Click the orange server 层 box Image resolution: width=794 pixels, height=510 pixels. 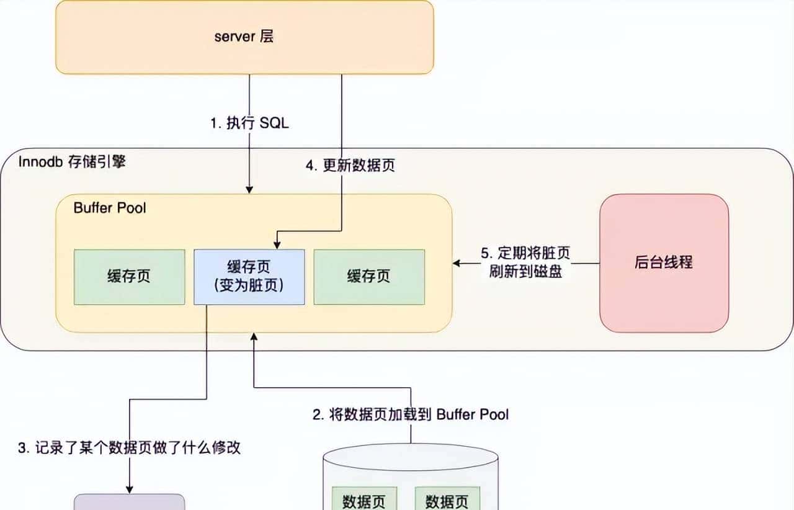coord(244,37)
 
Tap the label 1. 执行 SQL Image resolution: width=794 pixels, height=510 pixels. coord(249,123)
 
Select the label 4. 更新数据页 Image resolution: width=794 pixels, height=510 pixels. coord(350,166)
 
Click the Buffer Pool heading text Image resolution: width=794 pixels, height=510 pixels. coord(110,207)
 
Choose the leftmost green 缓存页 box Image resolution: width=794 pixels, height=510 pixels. coord(129,277)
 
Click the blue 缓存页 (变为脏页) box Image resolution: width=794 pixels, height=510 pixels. coord(249,277)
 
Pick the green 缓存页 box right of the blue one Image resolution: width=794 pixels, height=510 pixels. coord(369,277)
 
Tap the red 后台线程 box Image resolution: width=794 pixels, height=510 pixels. coord(664,263)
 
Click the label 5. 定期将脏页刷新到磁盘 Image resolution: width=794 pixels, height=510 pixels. coord(525,262)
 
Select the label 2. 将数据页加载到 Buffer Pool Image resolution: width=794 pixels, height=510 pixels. coord(410,414)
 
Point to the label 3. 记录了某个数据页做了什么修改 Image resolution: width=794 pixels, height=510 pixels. coord(129,448)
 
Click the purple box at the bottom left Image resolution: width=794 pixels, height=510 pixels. coord(129,502)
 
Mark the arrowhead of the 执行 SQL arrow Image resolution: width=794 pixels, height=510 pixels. coord(249,190)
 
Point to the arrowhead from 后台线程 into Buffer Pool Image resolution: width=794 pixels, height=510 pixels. coord(457,263)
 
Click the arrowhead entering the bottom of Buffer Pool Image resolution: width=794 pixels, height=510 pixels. coord(253,336)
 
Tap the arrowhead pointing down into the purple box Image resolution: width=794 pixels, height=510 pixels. coord(129,490)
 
